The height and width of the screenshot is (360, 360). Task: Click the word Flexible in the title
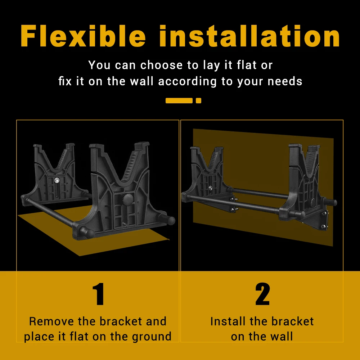click(x=83, y=36)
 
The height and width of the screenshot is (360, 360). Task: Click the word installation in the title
click(x=249, y=36)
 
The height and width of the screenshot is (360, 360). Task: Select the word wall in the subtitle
click(x=141, y=81)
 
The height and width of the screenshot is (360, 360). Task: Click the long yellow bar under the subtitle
click(x=179, y=100)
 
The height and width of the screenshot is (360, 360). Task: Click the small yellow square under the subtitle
click(x=199, y=100)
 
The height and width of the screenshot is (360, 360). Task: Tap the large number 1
click(x=99, y=294)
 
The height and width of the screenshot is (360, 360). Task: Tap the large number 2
click(x=262, y=294)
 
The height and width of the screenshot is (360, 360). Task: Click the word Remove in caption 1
click(x=51, y=321)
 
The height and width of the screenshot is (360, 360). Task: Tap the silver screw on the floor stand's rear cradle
click(x=57, y=180)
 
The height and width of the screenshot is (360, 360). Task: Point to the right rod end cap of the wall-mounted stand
click(x=333, y=203)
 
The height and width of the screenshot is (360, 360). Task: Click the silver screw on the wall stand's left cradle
click(x=210, y=188)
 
